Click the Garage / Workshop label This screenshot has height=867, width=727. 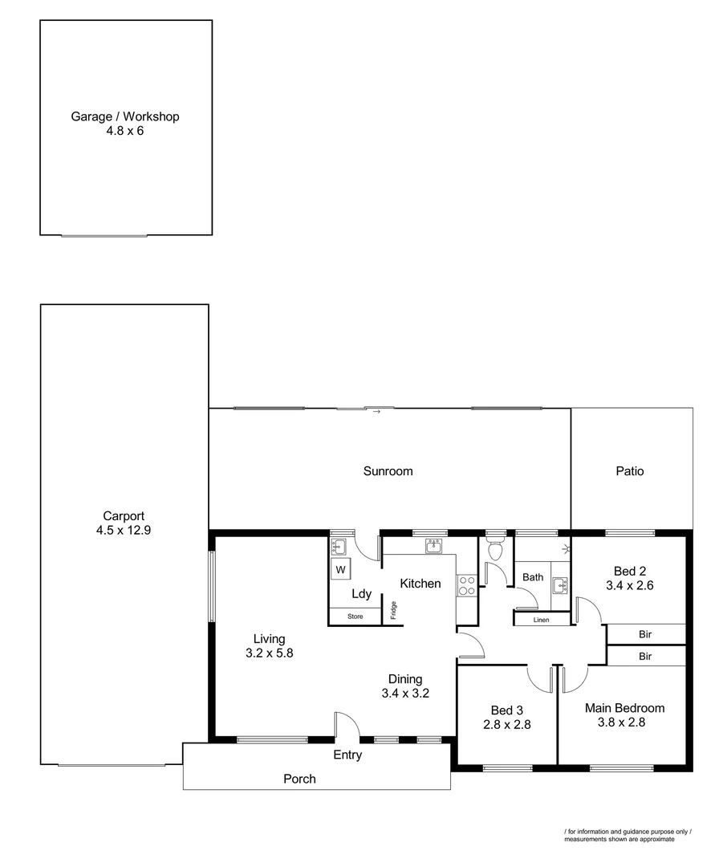pyautogui.click(x=125, y=116)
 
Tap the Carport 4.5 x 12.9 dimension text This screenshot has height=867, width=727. pyautogui.click(x=124, y=531)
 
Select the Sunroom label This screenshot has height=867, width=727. pyautogui.click(x=388, y=471)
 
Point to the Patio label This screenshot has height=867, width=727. pyautogui.click(x=630, y=471)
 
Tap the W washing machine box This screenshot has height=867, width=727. pyautogui.click(x=340, y=570)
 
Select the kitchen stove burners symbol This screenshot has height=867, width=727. pyautogui.click(x=466, y=585)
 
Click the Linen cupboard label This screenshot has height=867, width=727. pyautogui.click(x=541, y=620)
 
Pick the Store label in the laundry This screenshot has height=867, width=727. pyautogui.click(x=355, y=617)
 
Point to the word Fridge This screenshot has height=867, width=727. pyautogui.click(x=394, y=610)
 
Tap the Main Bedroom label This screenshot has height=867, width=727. pyautogui.click(x=624, y=708)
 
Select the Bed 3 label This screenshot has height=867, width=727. pyautogui.click(x=507, y=710)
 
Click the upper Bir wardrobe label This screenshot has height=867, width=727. pyautogui.click(x=645, y=634)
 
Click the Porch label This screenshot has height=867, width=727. pyautogui.click(x=299, y=779)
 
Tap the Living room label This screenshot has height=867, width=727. pyautogui.click(x=269, y=639)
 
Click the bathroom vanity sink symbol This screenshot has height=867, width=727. pyautogui.click(x=559, y=584)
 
